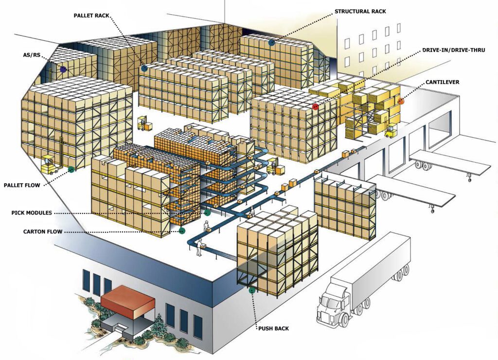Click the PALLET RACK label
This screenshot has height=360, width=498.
[91, 16]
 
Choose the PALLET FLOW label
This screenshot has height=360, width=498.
[22, 185]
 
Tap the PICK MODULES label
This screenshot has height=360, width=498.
[32, 213]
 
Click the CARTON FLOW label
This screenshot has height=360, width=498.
[43, 232]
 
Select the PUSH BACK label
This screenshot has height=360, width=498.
[273, 328]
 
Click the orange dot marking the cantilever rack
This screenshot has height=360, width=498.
[401, 101]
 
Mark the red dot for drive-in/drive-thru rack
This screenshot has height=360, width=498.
[315, 106]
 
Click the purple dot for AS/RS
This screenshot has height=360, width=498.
[63, 70]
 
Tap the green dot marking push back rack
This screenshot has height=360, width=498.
[252, 291]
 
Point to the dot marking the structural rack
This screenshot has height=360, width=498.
[271, 42]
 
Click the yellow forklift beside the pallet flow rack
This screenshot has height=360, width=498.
[50, 165]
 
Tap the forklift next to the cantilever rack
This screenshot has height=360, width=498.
[391, 131]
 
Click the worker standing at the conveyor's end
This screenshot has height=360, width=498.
[199, 247]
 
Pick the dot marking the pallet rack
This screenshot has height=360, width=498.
[144, 69]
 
